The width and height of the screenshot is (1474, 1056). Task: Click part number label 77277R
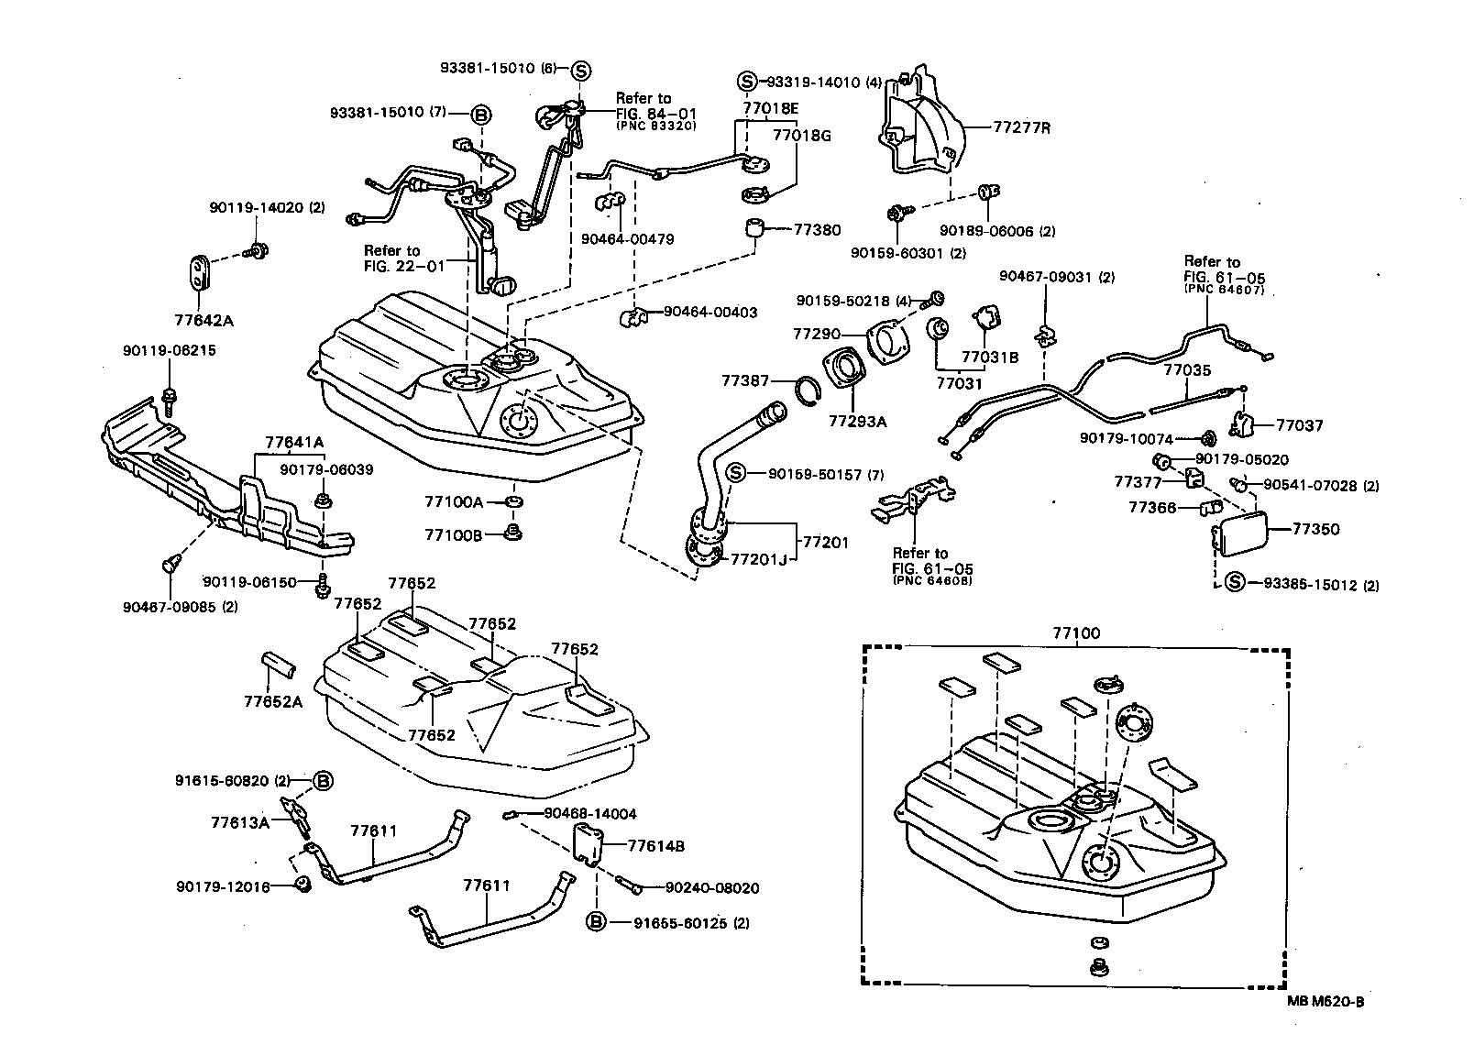point(1021,128)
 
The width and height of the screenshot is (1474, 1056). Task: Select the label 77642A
point(203,321)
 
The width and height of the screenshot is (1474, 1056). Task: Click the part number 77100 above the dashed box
point(1076,632)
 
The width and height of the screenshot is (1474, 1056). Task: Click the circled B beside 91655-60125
point(595,922)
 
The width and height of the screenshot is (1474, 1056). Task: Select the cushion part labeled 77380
point(754,228)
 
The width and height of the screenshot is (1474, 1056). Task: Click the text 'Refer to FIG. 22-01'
point(403,258)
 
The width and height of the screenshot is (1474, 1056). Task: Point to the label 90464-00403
point(709,313)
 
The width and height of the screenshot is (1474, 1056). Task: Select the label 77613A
point(239,822)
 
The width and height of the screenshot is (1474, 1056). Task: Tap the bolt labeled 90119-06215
point(170,396)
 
